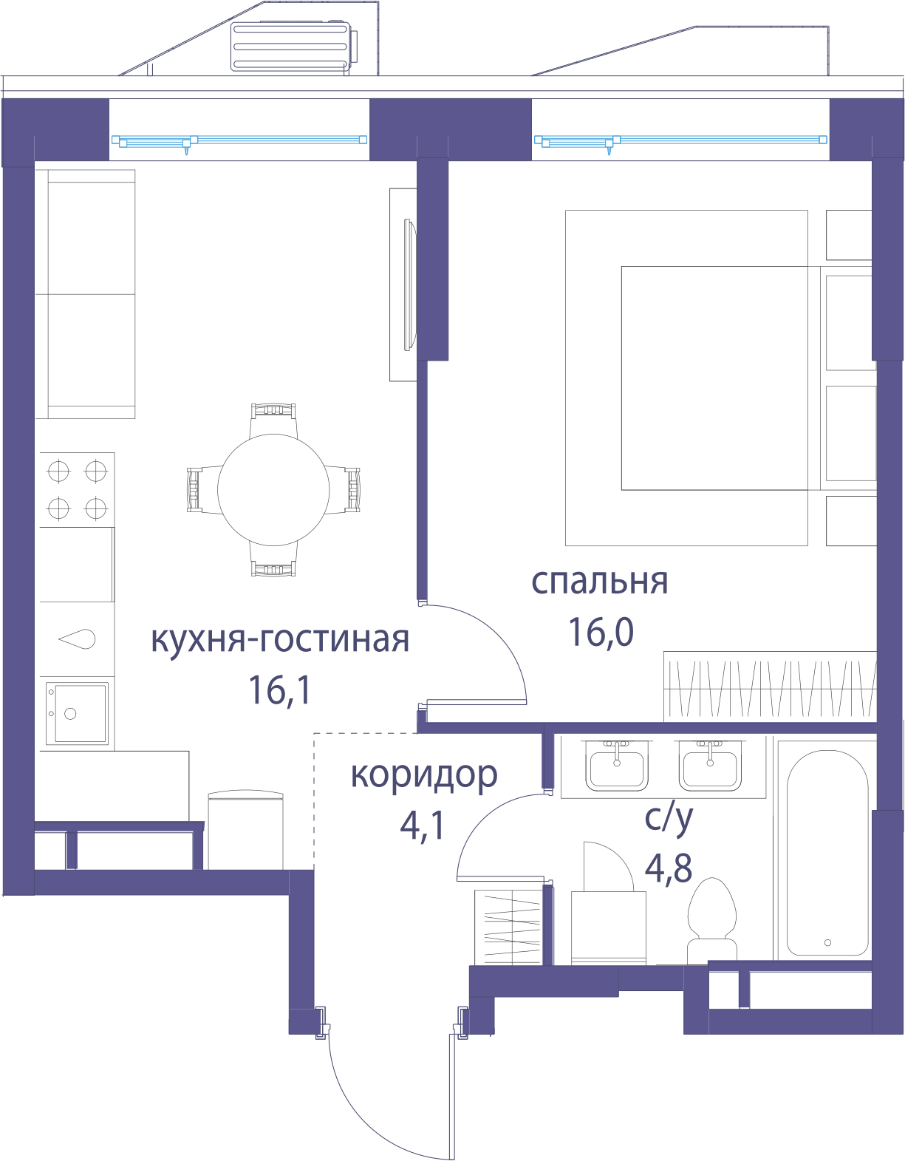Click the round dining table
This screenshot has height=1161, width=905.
pyautogui.click(x=273, y=489)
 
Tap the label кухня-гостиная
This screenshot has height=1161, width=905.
pyautogui.click(x=280, y=639)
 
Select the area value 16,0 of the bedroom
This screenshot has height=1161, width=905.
pyautogui.click(x=601, y=632)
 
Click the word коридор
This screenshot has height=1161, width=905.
pyautogui.click(x=424, y=776)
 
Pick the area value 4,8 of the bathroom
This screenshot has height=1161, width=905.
pyautogui.click(x=669, y=867)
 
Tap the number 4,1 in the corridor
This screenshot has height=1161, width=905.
pyautogui.click(x=422, y=826)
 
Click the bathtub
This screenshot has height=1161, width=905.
pyautogui.click(x=827, y=853)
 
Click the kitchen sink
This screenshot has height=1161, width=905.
pyautogui.click(x=77, y=712)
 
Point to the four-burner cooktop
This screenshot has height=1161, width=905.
pyautogui.click(x=77, y=489)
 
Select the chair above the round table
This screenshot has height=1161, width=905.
pyautogui.click(x=273, y=420)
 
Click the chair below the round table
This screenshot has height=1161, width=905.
pyautogui.click(x=273, y=560)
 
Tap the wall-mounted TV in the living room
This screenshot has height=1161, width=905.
pyautogui.click(x=409, y=285)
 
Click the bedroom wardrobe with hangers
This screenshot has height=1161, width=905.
pyautogui.click(x=770, y=687)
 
